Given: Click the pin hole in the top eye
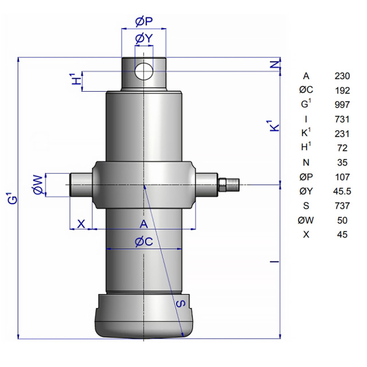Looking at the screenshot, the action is tap(144, 71).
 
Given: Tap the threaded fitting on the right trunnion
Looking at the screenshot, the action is tap(229, 185).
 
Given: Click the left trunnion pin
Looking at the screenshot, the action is tap(81, 185).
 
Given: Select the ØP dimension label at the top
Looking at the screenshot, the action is tap(144, 22).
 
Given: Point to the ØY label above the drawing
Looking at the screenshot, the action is tap(144, 38).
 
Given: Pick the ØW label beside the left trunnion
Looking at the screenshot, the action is tap(38, 185).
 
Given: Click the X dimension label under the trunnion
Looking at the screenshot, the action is tap(81, 224).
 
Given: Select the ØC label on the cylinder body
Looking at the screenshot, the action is tap(144, 241).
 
